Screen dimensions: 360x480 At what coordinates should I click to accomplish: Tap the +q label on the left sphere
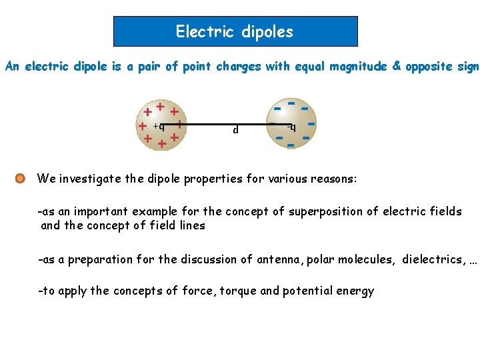(159, 125)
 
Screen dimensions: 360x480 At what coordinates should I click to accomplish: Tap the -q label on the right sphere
(291, 126)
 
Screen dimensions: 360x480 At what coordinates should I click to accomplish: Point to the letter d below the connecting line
(235, 130)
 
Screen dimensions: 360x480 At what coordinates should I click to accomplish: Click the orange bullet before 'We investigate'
(20, 179)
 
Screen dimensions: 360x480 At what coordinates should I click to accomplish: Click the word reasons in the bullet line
(335, 179)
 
